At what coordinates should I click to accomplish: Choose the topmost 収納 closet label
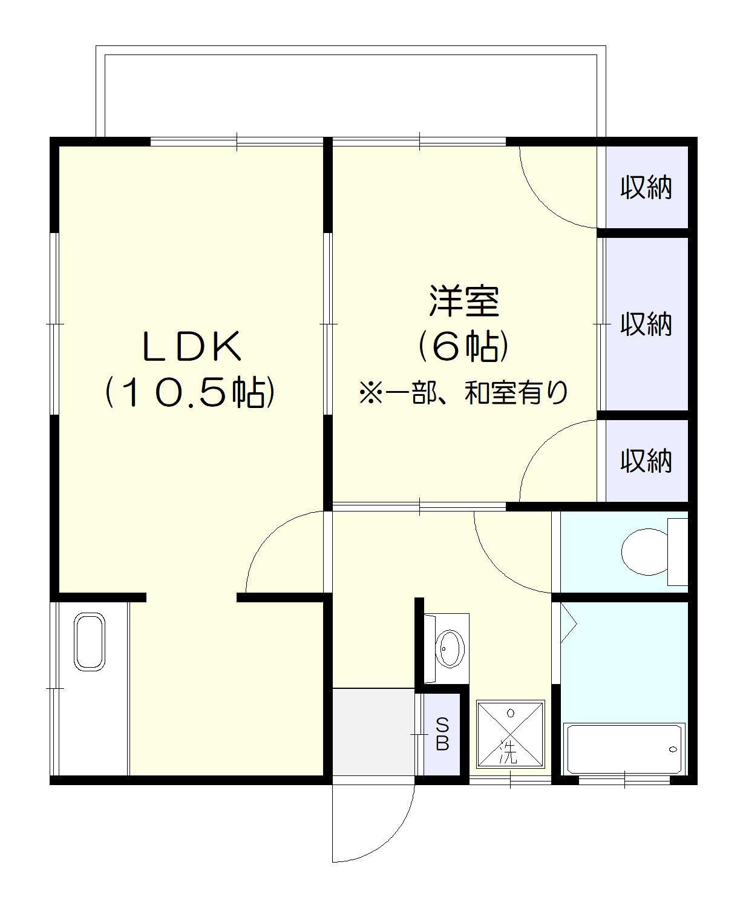click(646, 188)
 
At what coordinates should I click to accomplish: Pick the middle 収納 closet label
click(646, 324)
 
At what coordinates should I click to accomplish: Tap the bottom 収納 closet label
click(646, 461)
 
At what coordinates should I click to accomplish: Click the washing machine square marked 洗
click(510, 734)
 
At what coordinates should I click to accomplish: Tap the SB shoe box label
click(442, 734)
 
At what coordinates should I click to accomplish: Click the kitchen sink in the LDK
click(90, 642)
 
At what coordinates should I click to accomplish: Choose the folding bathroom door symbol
click(569, 623)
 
